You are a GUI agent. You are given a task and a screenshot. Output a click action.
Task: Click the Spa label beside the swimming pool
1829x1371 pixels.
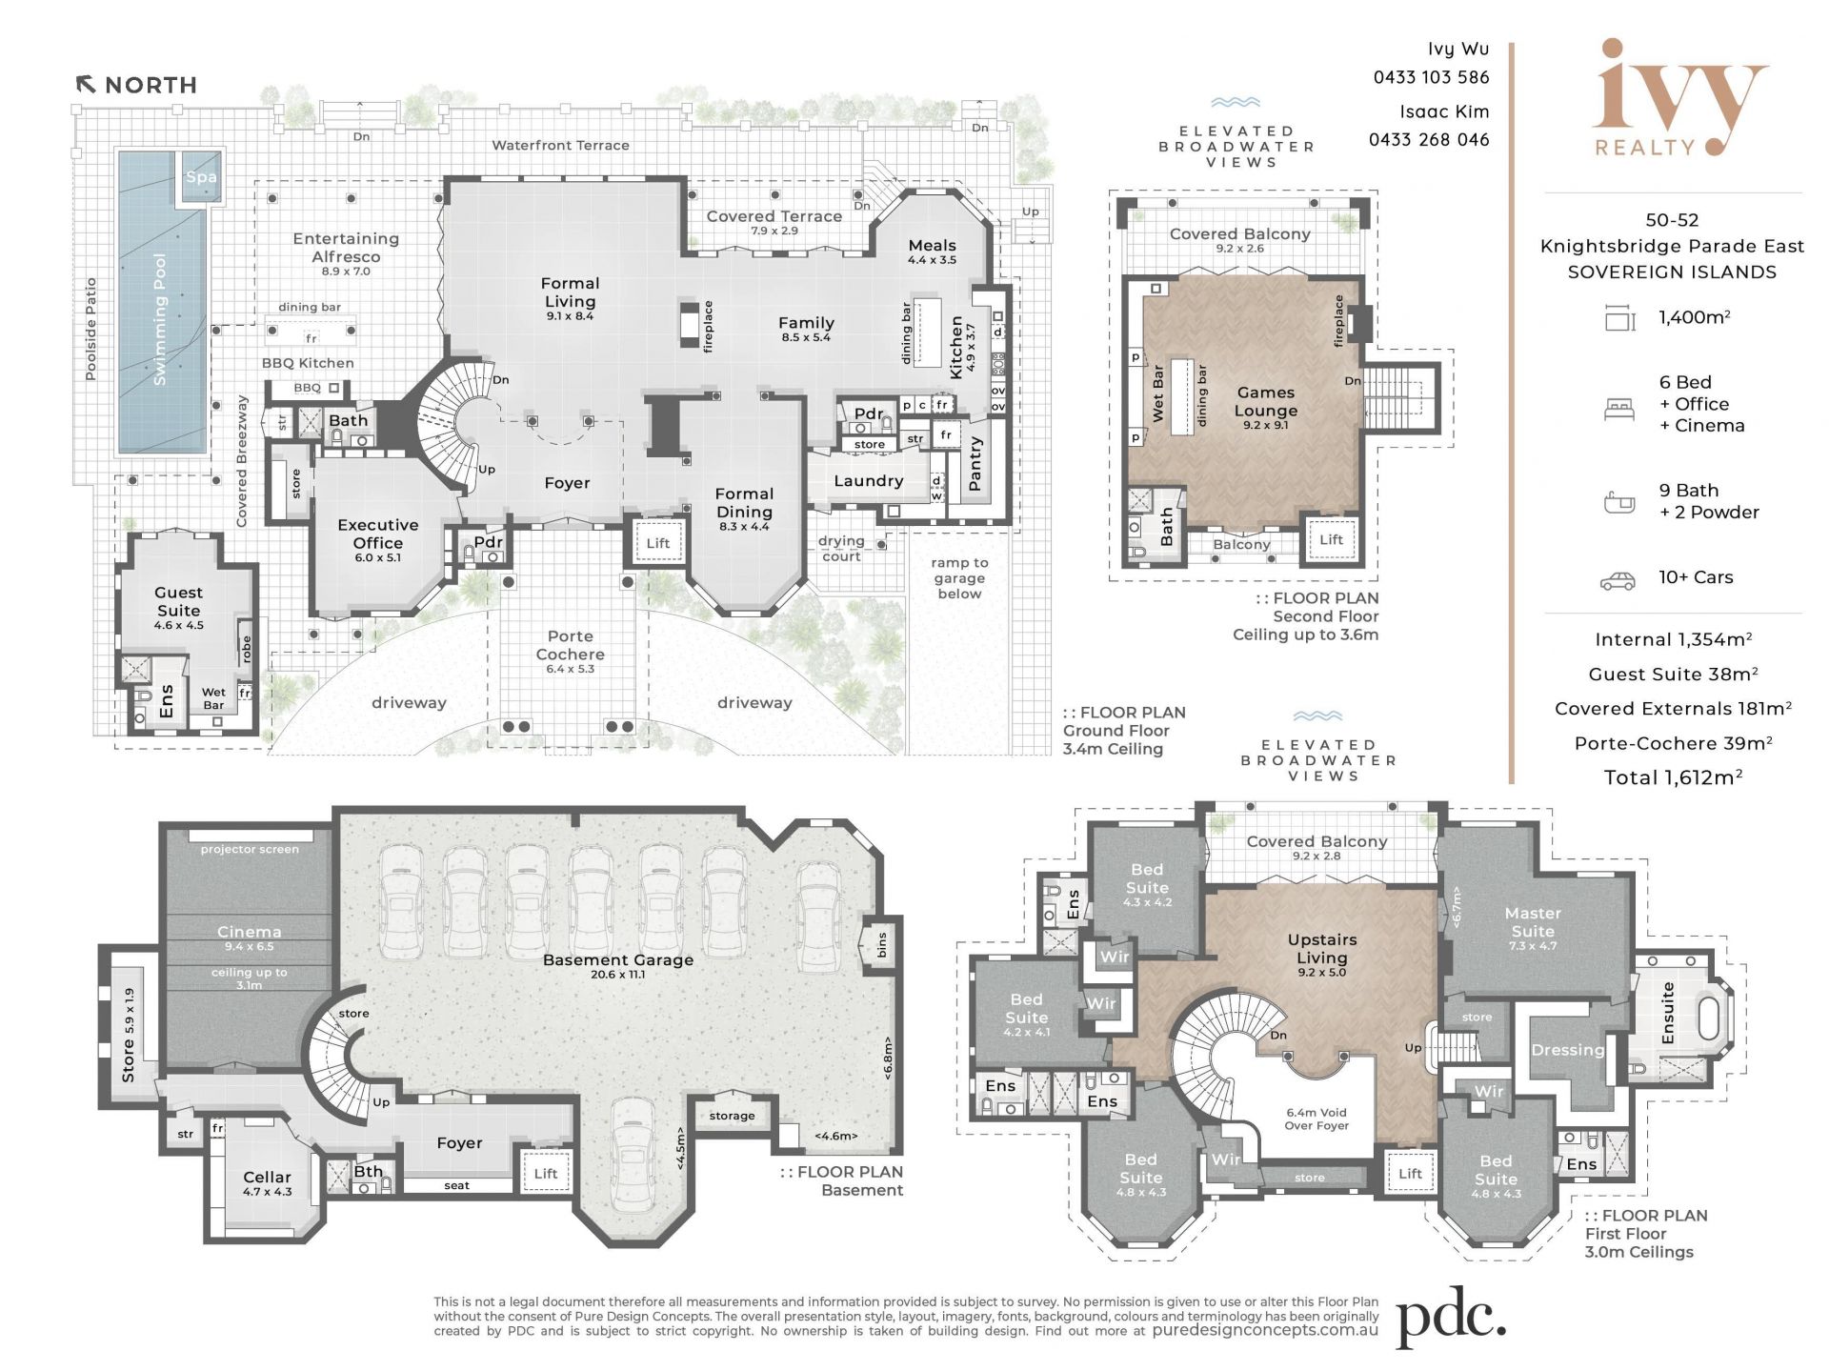pos(201,176)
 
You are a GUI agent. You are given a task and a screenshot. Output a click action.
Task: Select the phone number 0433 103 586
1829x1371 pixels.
pos(1431,77)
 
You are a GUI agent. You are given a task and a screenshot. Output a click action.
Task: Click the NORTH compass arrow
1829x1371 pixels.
pos(86,85)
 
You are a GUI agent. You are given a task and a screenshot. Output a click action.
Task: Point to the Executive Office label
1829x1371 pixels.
pos(378,534)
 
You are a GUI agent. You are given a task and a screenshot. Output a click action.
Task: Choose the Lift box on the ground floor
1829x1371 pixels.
pos(658,543)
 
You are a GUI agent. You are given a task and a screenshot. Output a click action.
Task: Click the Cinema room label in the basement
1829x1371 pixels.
pos(249,932)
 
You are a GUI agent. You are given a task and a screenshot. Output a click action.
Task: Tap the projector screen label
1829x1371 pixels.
pos(250,849)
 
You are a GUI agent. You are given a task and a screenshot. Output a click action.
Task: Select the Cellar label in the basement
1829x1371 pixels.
pos(267,1177)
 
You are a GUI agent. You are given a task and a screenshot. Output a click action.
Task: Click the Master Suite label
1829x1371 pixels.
pos(1533,921)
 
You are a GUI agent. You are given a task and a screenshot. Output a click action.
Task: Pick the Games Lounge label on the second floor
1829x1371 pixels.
pos(1266,401)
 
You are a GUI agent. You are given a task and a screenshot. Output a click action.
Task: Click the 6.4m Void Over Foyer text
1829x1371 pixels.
pos(1316,1119)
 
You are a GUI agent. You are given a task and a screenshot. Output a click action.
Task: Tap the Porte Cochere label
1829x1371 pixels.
pos(570,645)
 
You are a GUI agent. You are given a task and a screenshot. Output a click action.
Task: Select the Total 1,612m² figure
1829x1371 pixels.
pos(1673,777)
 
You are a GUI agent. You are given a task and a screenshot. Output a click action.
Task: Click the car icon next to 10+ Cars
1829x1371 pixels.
pos(1618,580)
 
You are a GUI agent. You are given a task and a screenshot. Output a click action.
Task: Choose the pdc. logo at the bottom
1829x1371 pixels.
pos(1451,1320)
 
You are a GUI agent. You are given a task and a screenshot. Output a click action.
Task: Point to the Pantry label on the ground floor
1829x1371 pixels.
pos(975,464)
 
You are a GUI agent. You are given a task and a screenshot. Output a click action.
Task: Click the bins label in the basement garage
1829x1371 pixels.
pos(882,945)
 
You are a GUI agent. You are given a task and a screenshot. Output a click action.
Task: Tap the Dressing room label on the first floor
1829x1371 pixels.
pos(1567,1050)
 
